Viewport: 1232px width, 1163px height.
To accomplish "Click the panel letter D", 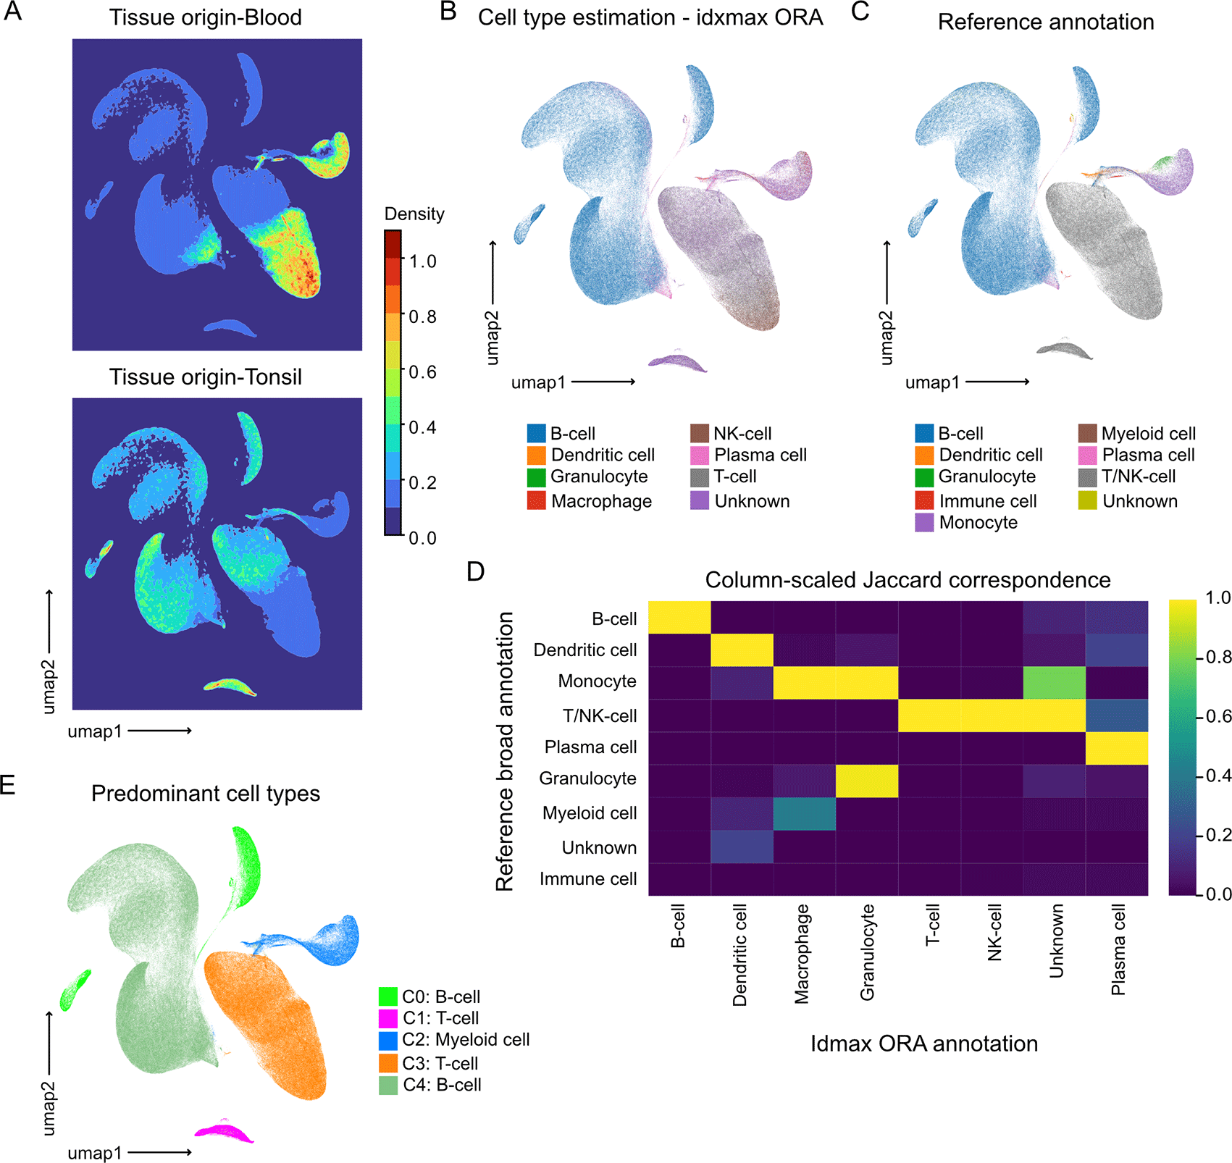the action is (x=476, y=571).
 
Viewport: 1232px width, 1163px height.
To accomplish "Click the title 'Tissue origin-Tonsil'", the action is (x=206, y=377).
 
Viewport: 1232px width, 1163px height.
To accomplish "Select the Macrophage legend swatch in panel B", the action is (x=536, y=500).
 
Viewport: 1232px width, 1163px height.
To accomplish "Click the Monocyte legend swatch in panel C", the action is (x=924, y=522).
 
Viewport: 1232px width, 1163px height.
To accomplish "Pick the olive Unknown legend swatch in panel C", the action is (x=1087, y=500).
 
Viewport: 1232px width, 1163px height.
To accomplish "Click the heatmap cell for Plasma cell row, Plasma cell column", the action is (x=1117, y=748).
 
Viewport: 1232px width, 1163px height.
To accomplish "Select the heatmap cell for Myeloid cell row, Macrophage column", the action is (x=804, y=814).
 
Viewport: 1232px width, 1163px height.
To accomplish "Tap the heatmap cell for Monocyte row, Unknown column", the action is (x=1055, y=683).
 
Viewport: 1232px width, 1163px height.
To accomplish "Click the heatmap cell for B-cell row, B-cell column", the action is (x=679, y=617).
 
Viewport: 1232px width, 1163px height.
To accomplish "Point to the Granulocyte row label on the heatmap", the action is (x=587, y=778).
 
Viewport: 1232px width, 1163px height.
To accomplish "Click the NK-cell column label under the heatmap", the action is (x=994, y=932).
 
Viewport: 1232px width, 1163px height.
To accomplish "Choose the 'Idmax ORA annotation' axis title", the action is (x=924, y=1044).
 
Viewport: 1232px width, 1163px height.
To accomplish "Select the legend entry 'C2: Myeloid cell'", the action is (x=454, y=1040).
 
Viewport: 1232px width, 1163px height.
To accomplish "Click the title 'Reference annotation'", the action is (x=1046, y=22).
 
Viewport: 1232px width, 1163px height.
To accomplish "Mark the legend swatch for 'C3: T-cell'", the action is (x=388, y=1063).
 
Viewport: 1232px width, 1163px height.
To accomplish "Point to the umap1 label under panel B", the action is (x=539, y=382).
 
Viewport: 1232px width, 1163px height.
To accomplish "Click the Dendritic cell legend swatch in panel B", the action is (x=536, y=455).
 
